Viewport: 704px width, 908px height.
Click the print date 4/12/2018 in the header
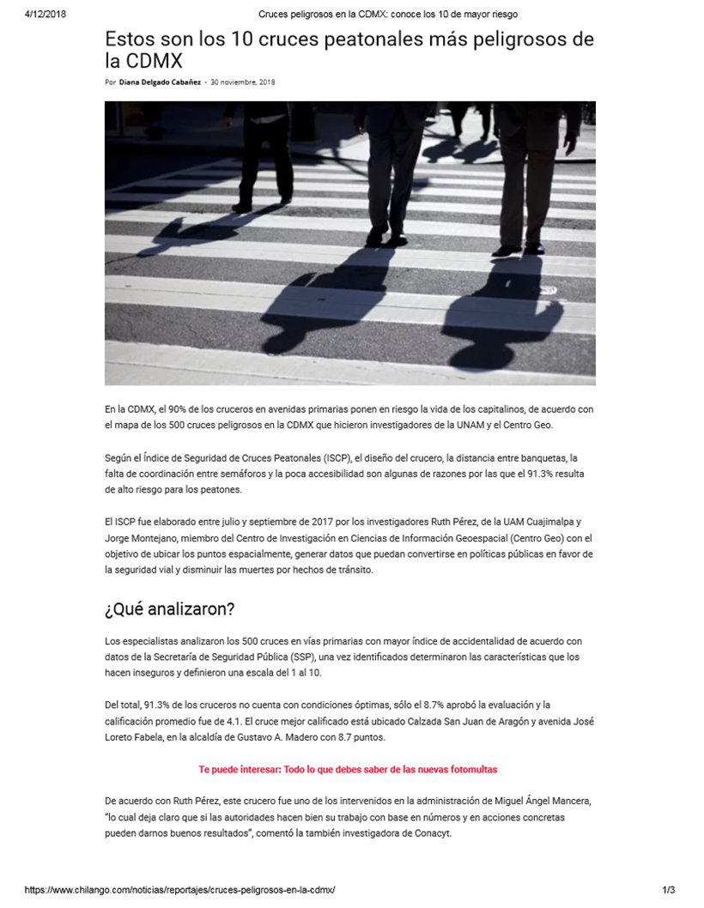[x=46, y=14]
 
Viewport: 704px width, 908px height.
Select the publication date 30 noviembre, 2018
[x=243, y=82]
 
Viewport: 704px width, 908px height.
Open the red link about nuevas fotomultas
[x=348, y=770]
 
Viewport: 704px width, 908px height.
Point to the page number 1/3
[x=669, y=891]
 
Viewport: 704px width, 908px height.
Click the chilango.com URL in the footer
[x=179, y=891]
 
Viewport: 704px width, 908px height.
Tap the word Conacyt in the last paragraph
[x=446, y=833]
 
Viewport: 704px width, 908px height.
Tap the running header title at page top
[x=388, y=14]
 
